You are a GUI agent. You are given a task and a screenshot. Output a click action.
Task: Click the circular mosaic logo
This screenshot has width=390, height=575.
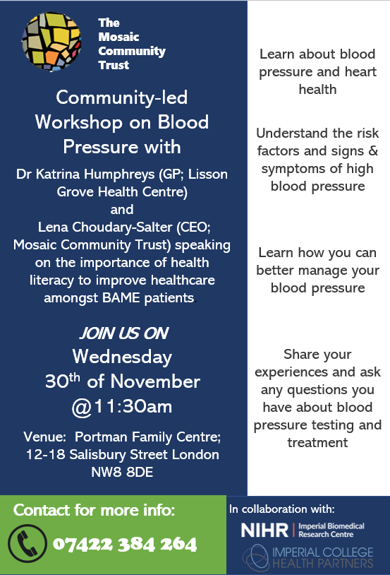click(x=51, y=42)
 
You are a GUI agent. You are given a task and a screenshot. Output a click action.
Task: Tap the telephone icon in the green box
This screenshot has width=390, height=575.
click(x=28, y=543)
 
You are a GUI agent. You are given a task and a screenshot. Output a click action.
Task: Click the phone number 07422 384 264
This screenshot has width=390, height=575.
click(x=125, y=544)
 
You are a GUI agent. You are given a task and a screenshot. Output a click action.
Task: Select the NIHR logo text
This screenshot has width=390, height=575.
click(x=264, y=530)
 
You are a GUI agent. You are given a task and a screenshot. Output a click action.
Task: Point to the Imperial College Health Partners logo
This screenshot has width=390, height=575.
click(x=308, y=557)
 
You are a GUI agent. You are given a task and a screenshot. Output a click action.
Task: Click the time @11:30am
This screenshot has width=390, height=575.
click(x=122, y=407)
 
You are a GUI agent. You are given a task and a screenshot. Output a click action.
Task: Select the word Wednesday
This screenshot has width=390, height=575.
click(x=122, y=357)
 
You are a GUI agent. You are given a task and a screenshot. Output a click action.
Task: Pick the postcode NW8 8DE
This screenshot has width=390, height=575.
click(x=122, y=473)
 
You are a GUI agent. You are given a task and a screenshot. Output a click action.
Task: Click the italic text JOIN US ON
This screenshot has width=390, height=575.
click(x=124, y=333)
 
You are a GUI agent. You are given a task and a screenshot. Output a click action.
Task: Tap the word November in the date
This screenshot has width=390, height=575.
click(x=155, y=381)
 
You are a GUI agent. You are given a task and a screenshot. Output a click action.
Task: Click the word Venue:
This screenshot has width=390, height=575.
click(x=44, y=437)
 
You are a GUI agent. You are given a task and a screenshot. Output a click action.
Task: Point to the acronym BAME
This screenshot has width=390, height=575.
click(x=121, y=298)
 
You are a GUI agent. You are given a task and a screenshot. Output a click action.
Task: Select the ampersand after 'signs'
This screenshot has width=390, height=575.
click(x=373, y=150)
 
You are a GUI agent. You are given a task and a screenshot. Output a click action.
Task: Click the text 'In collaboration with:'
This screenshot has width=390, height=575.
click(x=282, y=509)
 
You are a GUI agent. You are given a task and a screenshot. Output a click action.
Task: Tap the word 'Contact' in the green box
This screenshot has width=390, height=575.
click(x=42, y=511)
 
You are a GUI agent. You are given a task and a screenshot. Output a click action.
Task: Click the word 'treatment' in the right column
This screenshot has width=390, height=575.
click(x=317, y=443)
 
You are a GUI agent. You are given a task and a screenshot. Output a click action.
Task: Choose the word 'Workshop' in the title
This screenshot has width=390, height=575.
click(x=79, y=123)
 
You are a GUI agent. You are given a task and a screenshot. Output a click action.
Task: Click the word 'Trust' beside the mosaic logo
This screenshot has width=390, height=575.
click(x=114, y=65)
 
